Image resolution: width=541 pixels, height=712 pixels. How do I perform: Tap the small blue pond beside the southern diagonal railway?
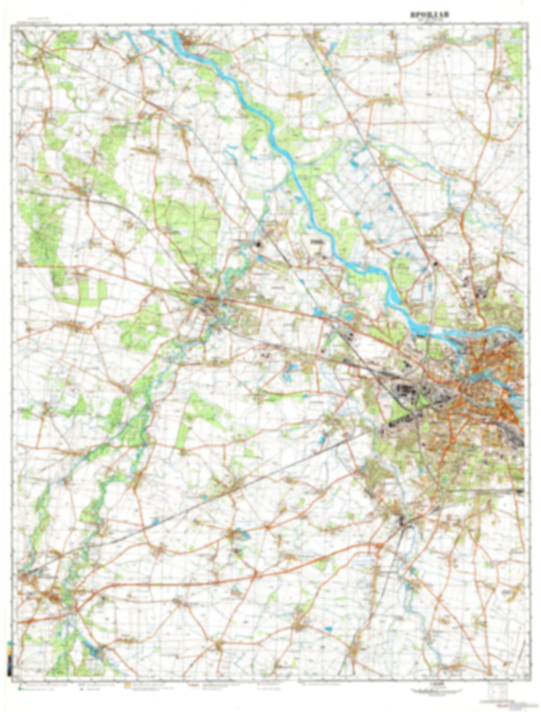155,521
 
